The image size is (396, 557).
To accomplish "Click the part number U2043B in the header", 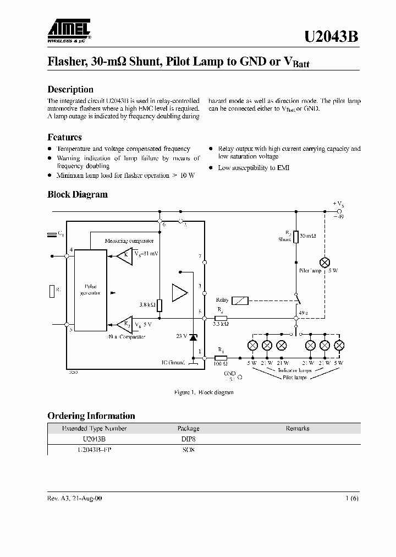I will point(331,37).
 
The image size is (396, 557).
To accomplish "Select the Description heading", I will point(70,89).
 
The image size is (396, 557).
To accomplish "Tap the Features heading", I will point(64,137).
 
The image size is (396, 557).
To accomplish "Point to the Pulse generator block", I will point(90,290).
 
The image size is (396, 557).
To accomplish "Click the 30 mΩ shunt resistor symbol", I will point(296,237).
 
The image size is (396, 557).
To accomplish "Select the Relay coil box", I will point(240,300).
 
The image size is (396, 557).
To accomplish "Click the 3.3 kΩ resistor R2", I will point(221,318).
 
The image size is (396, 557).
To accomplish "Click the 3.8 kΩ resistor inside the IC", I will point(159,305).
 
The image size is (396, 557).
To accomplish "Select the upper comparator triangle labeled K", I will point(125,255).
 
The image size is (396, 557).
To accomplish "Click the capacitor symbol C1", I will point(53,234).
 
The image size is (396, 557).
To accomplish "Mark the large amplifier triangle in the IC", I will point(179,292).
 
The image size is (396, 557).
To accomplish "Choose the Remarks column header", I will point(297,428).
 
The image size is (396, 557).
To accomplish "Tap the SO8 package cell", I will point(188,450).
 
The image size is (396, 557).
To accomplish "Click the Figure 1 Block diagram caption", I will point(204,392).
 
